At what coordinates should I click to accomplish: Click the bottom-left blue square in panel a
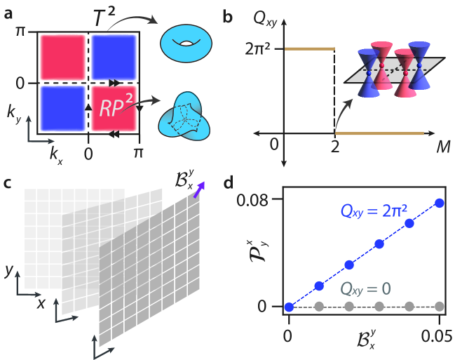62,109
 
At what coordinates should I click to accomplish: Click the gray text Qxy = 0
367,288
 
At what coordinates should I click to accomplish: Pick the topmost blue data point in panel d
440,203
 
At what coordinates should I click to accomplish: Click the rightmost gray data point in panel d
440,307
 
